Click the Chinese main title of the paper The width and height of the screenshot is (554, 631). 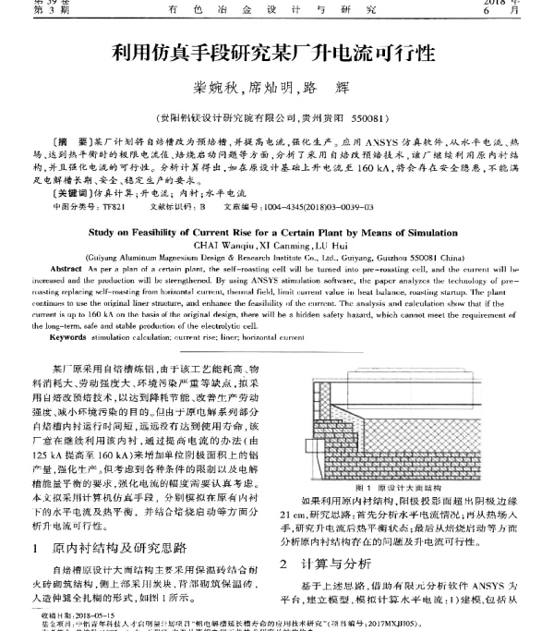pyautogui.click(x=276, y=54)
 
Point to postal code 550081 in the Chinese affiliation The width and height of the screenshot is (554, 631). pyautogui.click(x=377, y=119)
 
